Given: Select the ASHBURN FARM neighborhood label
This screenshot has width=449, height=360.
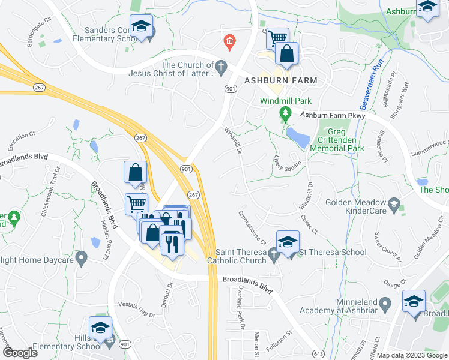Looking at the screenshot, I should pos(280,80).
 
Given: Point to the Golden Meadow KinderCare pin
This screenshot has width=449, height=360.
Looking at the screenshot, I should pos(394,203).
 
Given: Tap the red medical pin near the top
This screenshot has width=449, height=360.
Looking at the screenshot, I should pos(229,41).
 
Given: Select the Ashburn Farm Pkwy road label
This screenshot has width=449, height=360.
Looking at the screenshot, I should pos(333,115).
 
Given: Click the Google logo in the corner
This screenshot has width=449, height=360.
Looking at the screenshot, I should pos(20,352).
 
